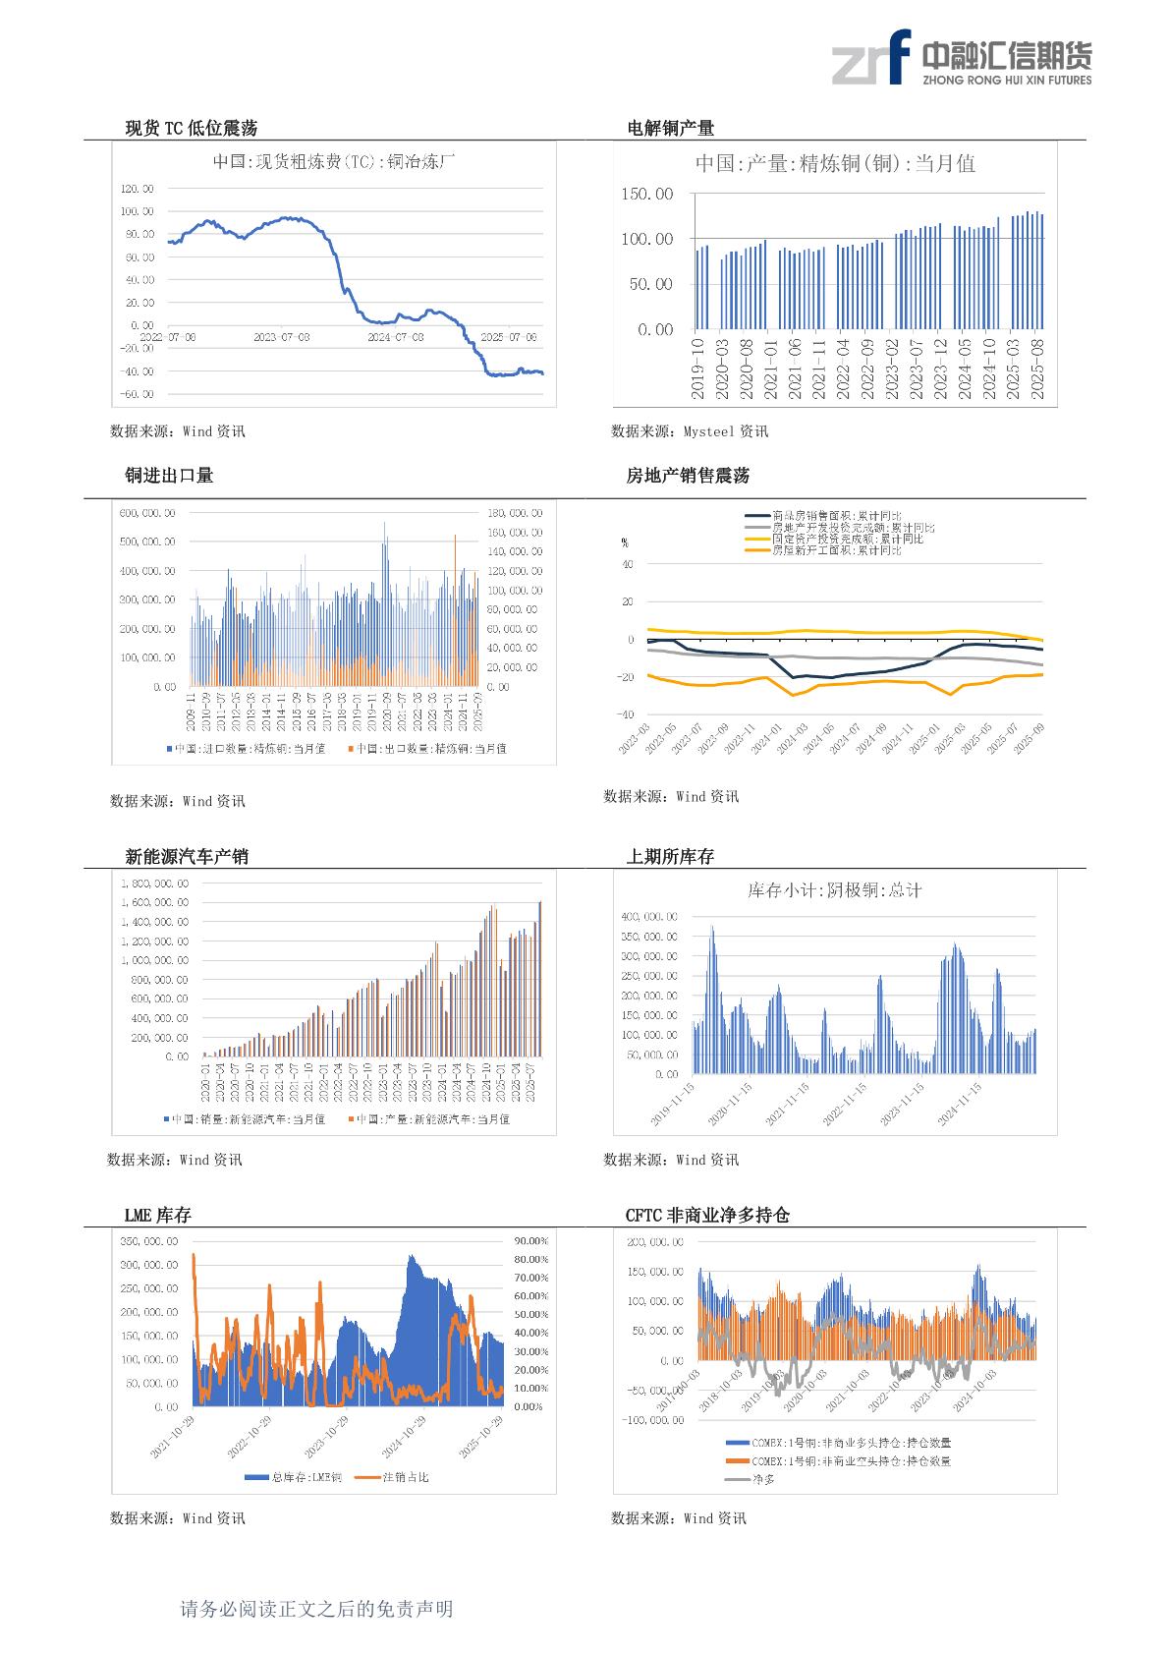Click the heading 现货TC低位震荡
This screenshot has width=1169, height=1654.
coord(192,128)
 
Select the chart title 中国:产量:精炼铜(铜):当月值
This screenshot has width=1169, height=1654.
coord(835,164)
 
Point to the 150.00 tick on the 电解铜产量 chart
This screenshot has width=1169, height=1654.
coord(647,195)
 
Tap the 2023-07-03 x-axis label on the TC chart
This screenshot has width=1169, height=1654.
coord(282,337)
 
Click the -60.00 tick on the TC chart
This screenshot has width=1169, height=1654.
coord(137,394)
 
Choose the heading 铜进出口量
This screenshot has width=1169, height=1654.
coord(169,476)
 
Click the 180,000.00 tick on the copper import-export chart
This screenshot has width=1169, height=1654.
coord(514,513)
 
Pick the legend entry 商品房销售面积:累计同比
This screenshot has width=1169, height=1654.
coord(836,516)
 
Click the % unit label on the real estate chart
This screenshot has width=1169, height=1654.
coord(625,542)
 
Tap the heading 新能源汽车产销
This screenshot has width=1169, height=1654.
coord(187,857)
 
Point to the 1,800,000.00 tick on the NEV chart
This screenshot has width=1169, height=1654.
coord(154,884)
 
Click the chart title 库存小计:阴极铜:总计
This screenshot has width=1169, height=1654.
coord(835,890)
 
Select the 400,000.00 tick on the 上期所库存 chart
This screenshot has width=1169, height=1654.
coord(648,917)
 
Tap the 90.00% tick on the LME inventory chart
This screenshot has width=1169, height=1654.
coord(530,1241)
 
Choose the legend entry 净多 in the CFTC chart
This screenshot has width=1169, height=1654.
coord(763,1478)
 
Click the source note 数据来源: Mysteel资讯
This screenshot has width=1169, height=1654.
coord(690,431)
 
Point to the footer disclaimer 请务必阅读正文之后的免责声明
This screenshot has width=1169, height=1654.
coord(316,1609)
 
